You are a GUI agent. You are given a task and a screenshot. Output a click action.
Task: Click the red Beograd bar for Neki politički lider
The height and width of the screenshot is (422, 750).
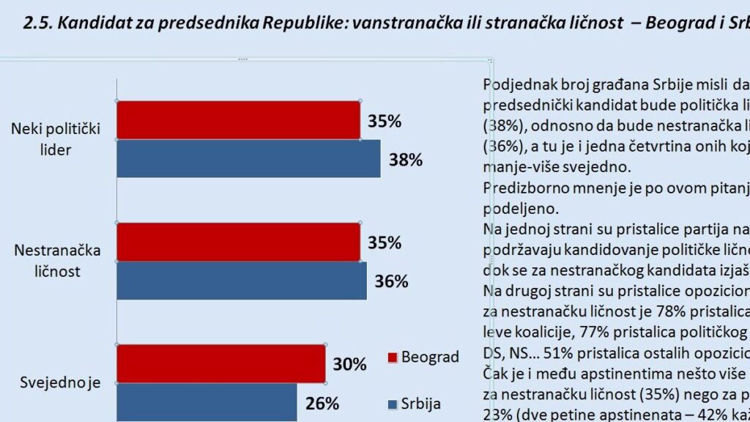(x=238, y=120)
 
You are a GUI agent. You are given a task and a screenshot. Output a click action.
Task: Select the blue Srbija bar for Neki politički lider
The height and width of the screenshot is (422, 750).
(x=248, y=158)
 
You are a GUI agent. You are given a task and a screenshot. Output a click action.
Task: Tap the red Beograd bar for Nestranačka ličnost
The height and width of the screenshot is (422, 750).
(x=238, y=242)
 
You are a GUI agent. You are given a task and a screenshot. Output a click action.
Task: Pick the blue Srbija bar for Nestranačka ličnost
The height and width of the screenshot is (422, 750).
(x=242, y=281)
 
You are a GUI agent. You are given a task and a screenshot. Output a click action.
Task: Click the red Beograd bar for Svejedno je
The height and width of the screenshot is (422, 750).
(x=220, y=363)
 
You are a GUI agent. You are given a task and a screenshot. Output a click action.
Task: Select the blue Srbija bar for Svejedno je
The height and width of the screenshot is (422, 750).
(x=207, y=402)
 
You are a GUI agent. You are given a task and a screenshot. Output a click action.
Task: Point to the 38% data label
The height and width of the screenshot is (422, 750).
(x=405, y=160)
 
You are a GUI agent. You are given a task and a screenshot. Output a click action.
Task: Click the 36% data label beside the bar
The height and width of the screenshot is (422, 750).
(x=390, y=281)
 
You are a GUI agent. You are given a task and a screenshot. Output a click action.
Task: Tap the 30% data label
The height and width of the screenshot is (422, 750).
(x=349, y=364)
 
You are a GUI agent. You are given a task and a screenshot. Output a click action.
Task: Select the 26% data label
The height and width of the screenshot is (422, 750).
(x=322, y=403)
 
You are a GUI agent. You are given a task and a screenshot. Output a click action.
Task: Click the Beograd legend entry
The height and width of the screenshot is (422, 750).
(x=423, y=358)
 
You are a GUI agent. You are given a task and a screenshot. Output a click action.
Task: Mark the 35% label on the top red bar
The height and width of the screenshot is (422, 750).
(x=384, y=121)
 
